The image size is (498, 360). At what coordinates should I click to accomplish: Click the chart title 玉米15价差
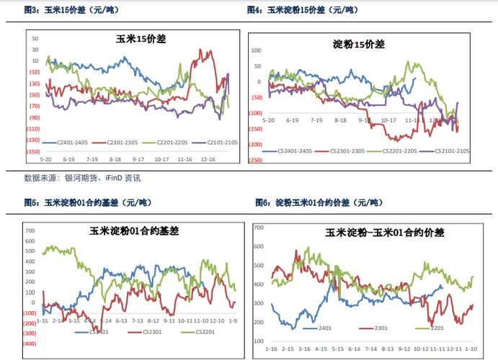coord(141,39)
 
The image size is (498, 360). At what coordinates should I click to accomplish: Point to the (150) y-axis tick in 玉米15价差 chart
coord(33,152)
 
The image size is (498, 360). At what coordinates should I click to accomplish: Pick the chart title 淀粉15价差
coord(359,44)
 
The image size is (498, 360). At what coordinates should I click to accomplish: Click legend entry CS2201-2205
coord(399,151)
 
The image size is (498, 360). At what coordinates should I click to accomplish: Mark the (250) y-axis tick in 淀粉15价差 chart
coord(257,161)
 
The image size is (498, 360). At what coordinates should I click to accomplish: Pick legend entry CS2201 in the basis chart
coord(188,332)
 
